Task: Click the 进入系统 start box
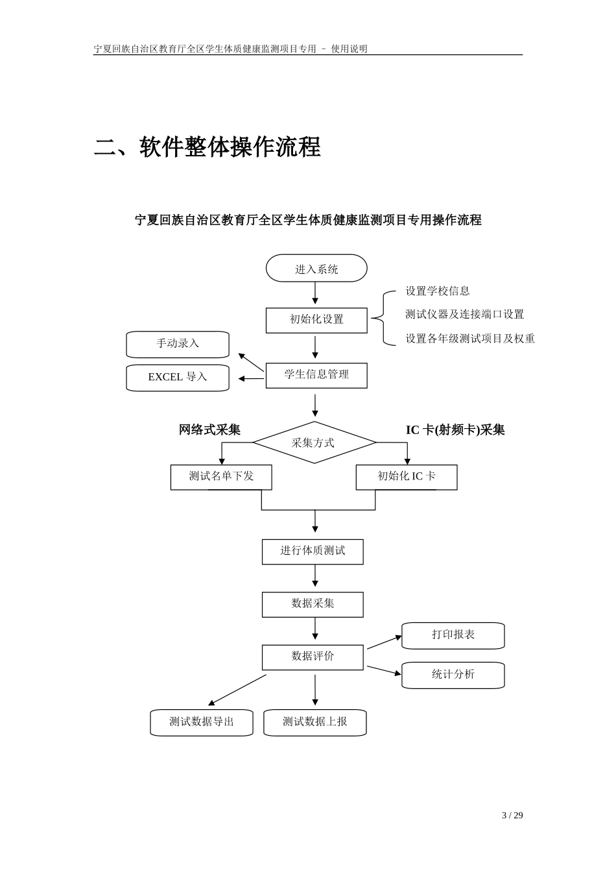(x=316, y=269)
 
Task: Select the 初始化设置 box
(x=316, y=320)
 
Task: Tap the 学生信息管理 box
(x=316, y=375)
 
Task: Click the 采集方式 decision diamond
(x=314, y=442)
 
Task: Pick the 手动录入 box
(x=178, y=344)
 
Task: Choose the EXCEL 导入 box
(x=178, y=378)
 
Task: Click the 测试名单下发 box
(x=221, y=477)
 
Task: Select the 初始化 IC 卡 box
(x=407, y=477)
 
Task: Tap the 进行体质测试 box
(x=313, y=551)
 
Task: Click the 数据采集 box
(x=313, y=604)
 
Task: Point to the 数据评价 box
(x=313, y=657)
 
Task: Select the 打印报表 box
(x=453, y=635)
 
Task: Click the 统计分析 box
(x=453, y=675)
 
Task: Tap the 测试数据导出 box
(x=202, y=722)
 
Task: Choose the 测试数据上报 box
(x=315, y=722)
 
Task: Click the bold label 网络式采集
(x=209, y=430)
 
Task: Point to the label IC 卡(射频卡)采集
(x=455, y=430)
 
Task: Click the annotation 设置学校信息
(x=438, y=291)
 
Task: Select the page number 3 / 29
(x=512, y=816)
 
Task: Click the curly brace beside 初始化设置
(x=384, y=318)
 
